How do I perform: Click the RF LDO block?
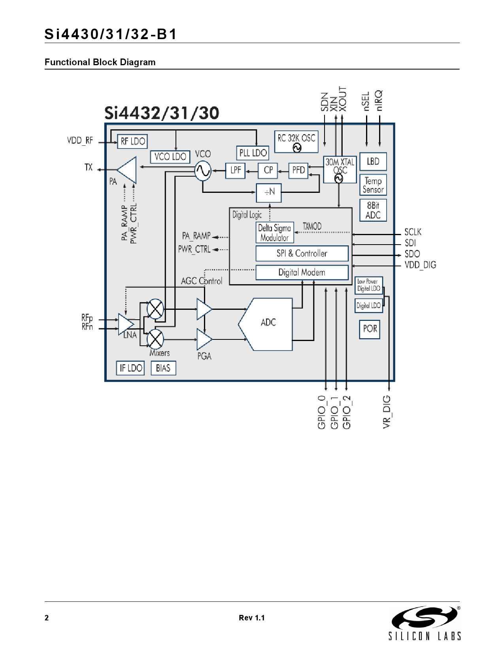132,141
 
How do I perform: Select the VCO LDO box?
170,157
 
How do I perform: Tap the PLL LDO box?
253,153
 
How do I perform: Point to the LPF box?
236,170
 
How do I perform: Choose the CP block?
268,170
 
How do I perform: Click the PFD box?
298,170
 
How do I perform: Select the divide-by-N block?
269,192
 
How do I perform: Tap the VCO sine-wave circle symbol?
203,171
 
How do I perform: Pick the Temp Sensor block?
373,185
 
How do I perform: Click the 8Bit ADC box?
373,210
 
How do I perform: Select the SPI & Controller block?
302,253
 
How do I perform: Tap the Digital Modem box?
302,272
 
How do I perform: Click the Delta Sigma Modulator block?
275,233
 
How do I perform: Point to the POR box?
370,329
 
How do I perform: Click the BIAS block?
163,368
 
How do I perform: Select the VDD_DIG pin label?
420,265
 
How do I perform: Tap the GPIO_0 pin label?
321,412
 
